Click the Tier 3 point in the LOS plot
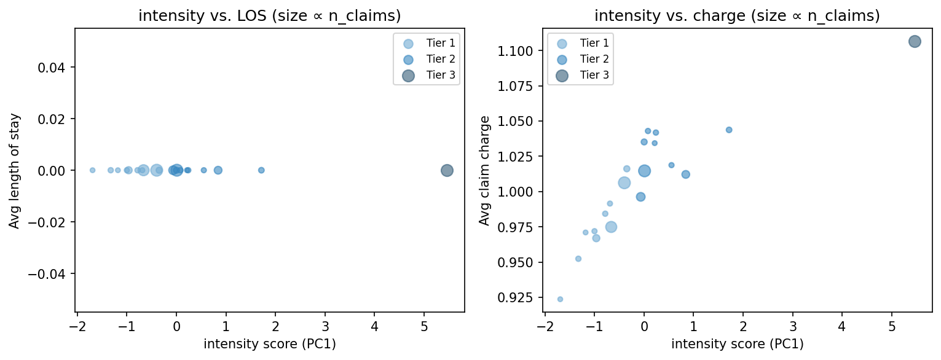(447, 170)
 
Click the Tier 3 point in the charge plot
(915, 42)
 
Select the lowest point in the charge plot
(560, 299)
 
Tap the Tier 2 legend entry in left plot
(428, 60)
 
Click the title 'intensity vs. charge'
(737, 17)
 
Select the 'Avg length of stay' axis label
(14, 170)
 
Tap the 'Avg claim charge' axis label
(485, 170)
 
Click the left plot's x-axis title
(269, 344)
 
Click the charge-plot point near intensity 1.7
(729, 130)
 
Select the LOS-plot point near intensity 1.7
(261, 170)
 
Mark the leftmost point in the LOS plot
(92, 170)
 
